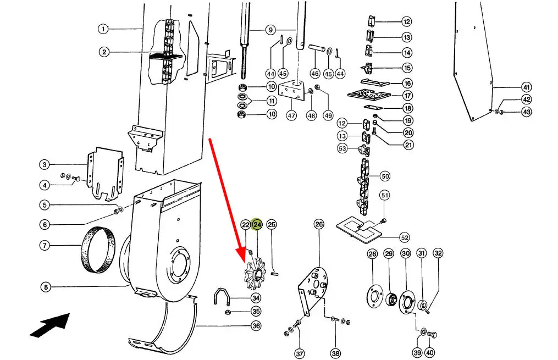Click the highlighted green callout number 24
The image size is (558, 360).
[x=257, y=224]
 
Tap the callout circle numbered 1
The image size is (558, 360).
[x=103, y=29]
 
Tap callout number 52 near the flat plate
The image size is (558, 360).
[x=405, y=237]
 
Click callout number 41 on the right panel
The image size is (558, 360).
[x=527, y=87]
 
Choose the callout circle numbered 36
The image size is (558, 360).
[x=256, y=326]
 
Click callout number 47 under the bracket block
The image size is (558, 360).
[x=291, y=116]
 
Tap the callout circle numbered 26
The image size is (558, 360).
[x=319, y=224]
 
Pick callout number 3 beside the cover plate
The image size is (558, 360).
[x=45, y=164]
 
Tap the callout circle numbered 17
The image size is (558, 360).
[x=407, y=96]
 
